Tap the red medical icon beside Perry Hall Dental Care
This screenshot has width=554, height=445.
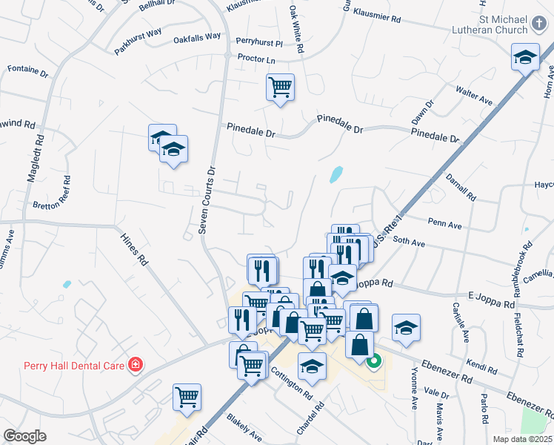[135, 364]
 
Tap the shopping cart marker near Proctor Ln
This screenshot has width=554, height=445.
[281, 88]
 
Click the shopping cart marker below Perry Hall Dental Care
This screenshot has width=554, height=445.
[187, 396]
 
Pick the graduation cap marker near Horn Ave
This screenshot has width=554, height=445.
[525, 57]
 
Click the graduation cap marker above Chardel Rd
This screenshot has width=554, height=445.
[312, 366]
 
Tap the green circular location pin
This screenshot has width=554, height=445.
[374, 361]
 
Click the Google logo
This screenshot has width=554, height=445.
[24, 436]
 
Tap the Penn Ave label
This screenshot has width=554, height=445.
[444, 223]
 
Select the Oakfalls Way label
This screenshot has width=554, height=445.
[197, 37]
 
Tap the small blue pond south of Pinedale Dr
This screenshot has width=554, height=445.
[336, 175]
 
